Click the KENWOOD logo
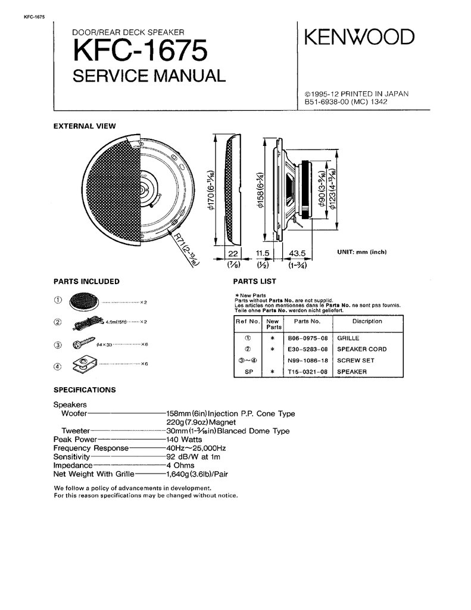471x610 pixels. pos(358,38)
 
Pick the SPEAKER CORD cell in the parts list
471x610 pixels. pos(361,349)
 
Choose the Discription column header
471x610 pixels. pos(367,321)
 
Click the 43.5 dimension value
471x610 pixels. pos(297,253)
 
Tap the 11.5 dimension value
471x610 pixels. pos(263,253)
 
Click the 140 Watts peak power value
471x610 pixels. pos(185,439)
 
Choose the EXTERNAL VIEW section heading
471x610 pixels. pos(85,126)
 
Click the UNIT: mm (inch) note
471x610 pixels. pos(362,253)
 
